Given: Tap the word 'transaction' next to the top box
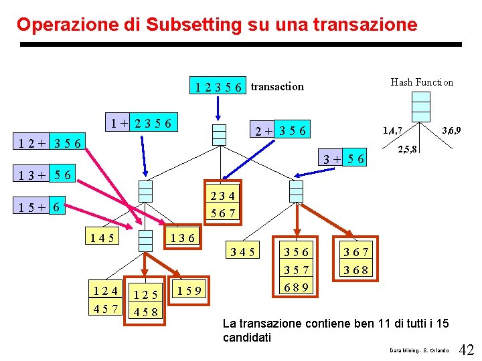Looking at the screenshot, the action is pos(277,86).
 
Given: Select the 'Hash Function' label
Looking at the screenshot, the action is pos(422,82).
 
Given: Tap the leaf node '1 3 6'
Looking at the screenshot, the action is pos(182,237).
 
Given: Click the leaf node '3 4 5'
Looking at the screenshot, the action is pos(242,252).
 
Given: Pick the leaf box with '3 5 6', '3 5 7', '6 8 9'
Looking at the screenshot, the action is pos(296,268).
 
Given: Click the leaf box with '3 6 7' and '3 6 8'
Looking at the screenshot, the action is pos(356,261).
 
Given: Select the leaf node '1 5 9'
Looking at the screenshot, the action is pos(190,289).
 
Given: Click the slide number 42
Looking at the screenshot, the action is pos(467,349).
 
